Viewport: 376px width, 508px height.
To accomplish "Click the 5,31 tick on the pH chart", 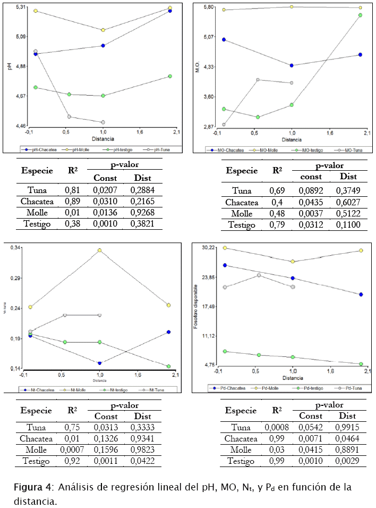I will tap(21, 7).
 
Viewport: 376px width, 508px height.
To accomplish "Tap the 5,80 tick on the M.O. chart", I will tap(208, 7).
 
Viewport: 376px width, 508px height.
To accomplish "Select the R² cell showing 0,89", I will tap(72, 201).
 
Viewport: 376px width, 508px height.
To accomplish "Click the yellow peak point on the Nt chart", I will tap(99, 250).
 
